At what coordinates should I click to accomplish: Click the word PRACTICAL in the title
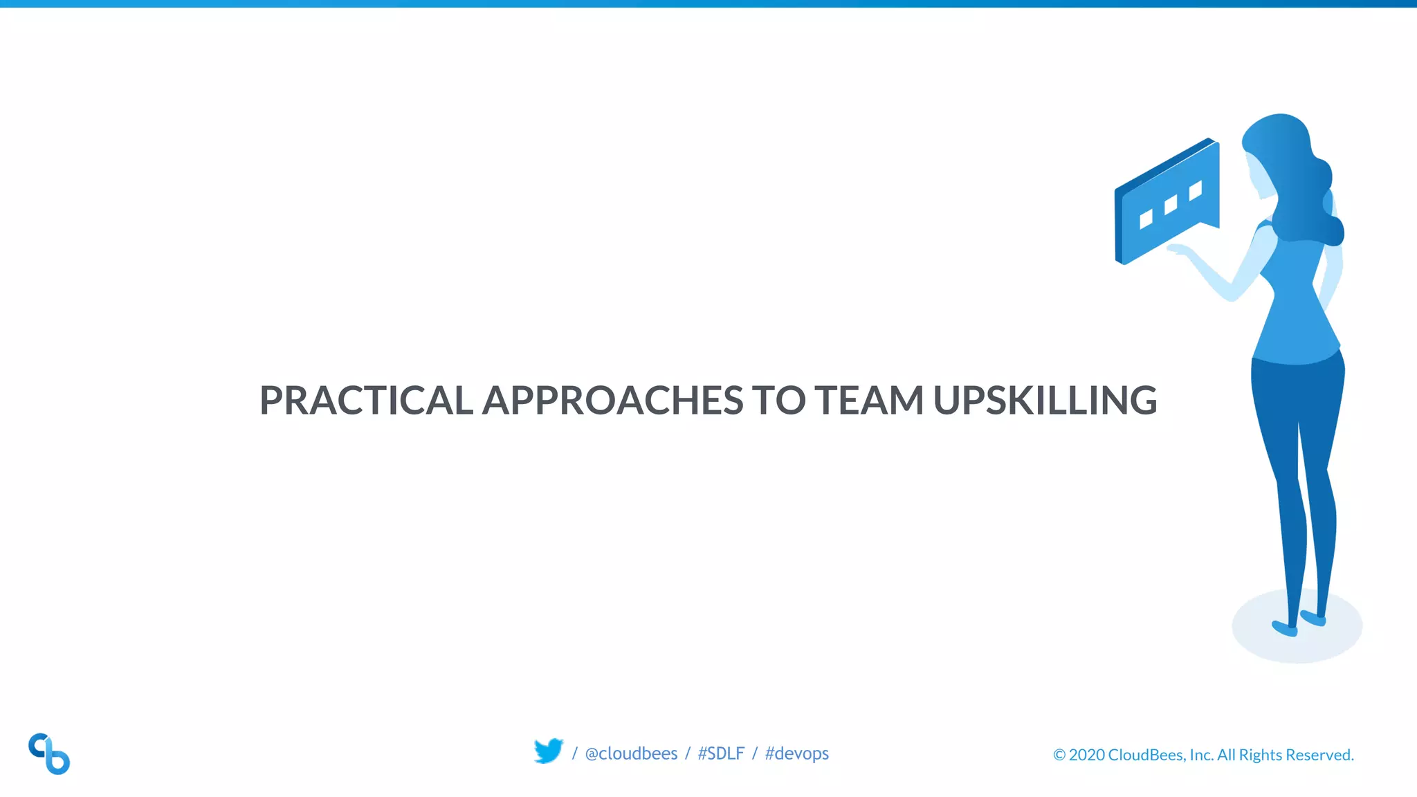(x=366, y=401)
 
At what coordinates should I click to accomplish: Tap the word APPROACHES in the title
(x=612, y=401)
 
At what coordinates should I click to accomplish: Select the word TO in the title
(x=778, y=401)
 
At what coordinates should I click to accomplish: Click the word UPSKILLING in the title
(x=1045, y=401)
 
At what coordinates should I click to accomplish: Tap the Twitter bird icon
(x=549, y=751)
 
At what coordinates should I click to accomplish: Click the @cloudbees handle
(x=631, y=753)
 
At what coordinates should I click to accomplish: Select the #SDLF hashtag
(x=721, y=753)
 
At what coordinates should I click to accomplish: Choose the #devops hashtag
(x=796, y=753)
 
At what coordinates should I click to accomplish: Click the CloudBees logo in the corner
(x=49, y=753)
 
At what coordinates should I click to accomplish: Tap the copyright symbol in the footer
(x=1059, y=755)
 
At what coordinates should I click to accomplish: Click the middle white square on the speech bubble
(x=1171, y=205)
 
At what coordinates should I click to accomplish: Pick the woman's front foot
(x=1285, y=629)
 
